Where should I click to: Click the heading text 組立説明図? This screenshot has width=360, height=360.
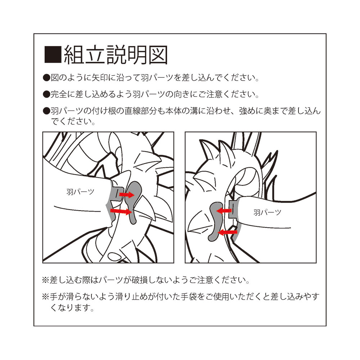(115, 55)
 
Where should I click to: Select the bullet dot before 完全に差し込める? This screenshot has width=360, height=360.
(46, 95)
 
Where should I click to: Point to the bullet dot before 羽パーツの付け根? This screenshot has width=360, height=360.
(46, 111)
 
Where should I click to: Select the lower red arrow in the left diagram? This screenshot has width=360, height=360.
(121, 211)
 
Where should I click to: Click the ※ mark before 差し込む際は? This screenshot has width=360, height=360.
(45, 280)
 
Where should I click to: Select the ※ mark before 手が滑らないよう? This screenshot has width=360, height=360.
(45, 297)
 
